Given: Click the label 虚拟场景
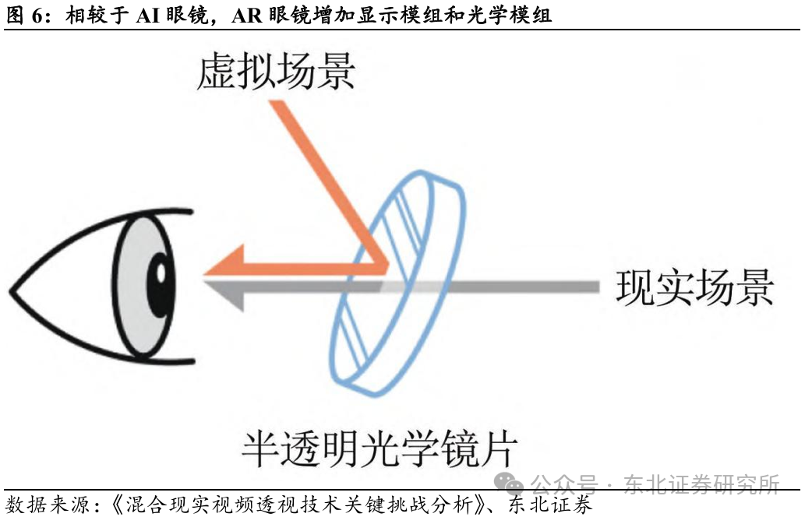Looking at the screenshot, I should pyautogui.click(x=276, y=72).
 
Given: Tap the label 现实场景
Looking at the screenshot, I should pyautogui.click(x=695, y=287).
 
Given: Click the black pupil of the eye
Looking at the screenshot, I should pyautogui.click(x=161, y=274).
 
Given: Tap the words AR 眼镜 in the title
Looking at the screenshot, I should pyautogui.click(x=265, y=16).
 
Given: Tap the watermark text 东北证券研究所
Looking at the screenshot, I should pyautogui.click(x=701, y=484).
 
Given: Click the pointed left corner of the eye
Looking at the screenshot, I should pyautogui.click(x=12, y=292).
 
